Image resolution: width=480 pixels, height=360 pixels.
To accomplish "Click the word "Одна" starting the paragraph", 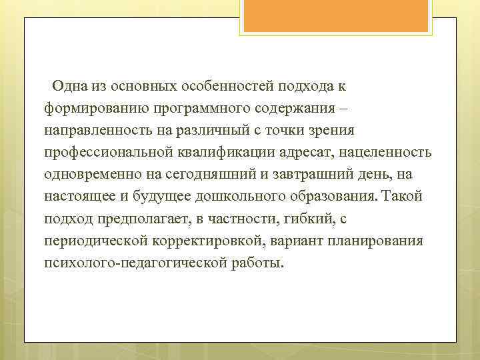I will [69, 86].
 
